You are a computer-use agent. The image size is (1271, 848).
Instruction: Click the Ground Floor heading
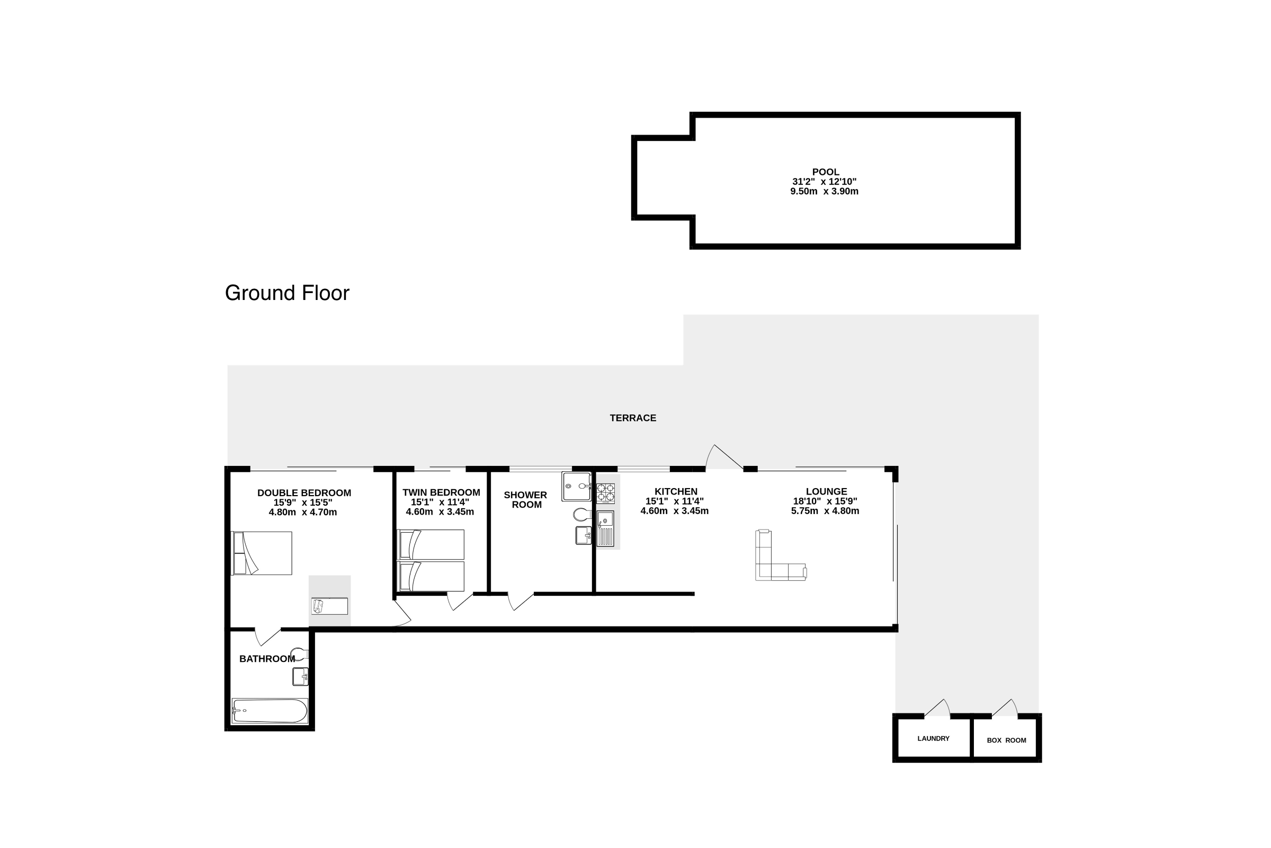click(x=287, y=293)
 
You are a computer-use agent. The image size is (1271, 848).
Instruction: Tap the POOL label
click(x=825, y=172)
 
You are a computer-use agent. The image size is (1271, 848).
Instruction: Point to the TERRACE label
click(x=633, y=418)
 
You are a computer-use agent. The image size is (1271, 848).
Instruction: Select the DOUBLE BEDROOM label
click(x=304, y=493)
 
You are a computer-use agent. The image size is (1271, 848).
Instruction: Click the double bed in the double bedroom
click(x=262, y=553)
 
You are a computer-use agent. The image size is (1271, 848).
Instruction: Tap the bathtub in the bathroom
click(x=270, y=711)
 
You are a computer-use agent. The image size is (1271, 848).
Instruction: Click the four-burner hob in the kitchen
click(x=605, y=493)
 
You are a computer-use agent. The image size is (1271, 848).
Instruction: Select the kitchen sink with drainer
click(x=605, y=528)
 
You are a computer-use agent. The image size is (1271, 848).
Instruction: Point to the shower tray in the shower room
click(x=576, y=486)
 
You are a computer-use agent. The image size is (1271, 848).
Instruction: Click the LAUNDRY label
click(x=933, y=738)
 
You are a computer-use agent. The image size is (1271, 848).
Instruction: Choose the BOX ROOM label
click(x=1006, y=740)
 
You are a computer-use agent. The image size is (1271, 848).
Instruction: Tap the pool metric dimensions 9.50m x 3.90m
click(x=824, y=191)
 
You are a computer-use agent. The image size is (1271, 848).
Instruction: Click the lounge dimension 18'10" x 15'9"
click(x=825, y=501)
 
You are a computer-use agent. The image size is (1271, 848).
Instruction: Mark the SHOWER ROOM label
click(x=526, y=500)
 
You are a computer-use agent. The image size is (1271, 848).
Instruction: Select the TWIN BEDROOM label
click(x=441, y=493)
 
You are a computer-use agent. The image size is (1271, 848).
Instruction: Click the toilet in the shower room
click(x=582, y=514)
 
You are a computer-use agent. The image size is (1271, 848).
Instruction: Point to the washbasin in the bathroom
click(x=300, y=677)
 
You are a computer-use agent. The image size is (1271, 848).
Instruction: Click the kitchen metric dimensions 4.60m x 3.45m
click(x=674, y=511)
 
